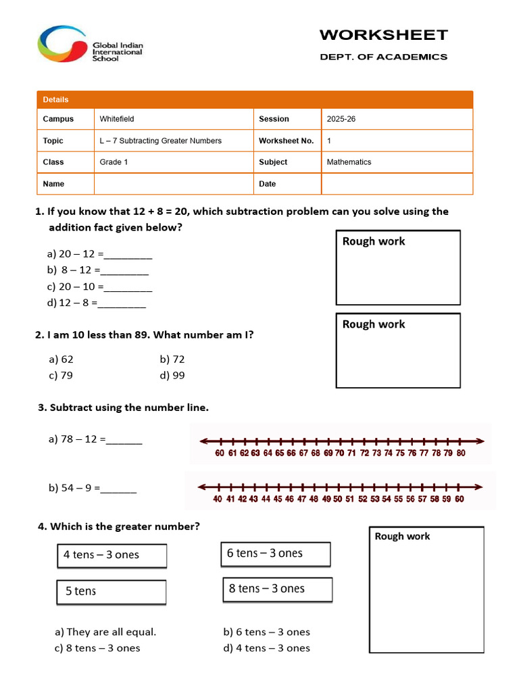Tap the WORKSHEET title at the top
click(x=383, y=35)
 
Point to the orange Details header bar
click(x=254, y=99)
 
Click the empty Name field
click(x=173, y=184)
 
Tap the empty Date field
click(x=396, y=184)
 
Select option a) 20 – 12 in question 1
click(x=100, y=254)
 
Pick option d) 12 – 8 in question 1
click(x=97, y=303)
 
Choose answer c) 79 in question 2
click(x=61, y=376)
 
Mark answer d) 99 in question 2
click(x=172, y=376)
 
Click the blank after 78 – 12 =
click(x=124, y=440)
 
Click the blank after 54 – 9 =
click(x=119, y=488)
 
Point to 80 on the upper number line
click(x=460, y=453)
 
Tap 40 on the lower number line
click(x=218, y=499)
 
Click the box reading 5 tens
click(x=111, y=591)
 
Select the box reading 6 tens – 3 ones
click(x=276, y=553)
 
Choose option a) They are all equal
click(x=105, y=633)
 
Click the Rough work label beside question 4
click(x=402, y=537)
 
